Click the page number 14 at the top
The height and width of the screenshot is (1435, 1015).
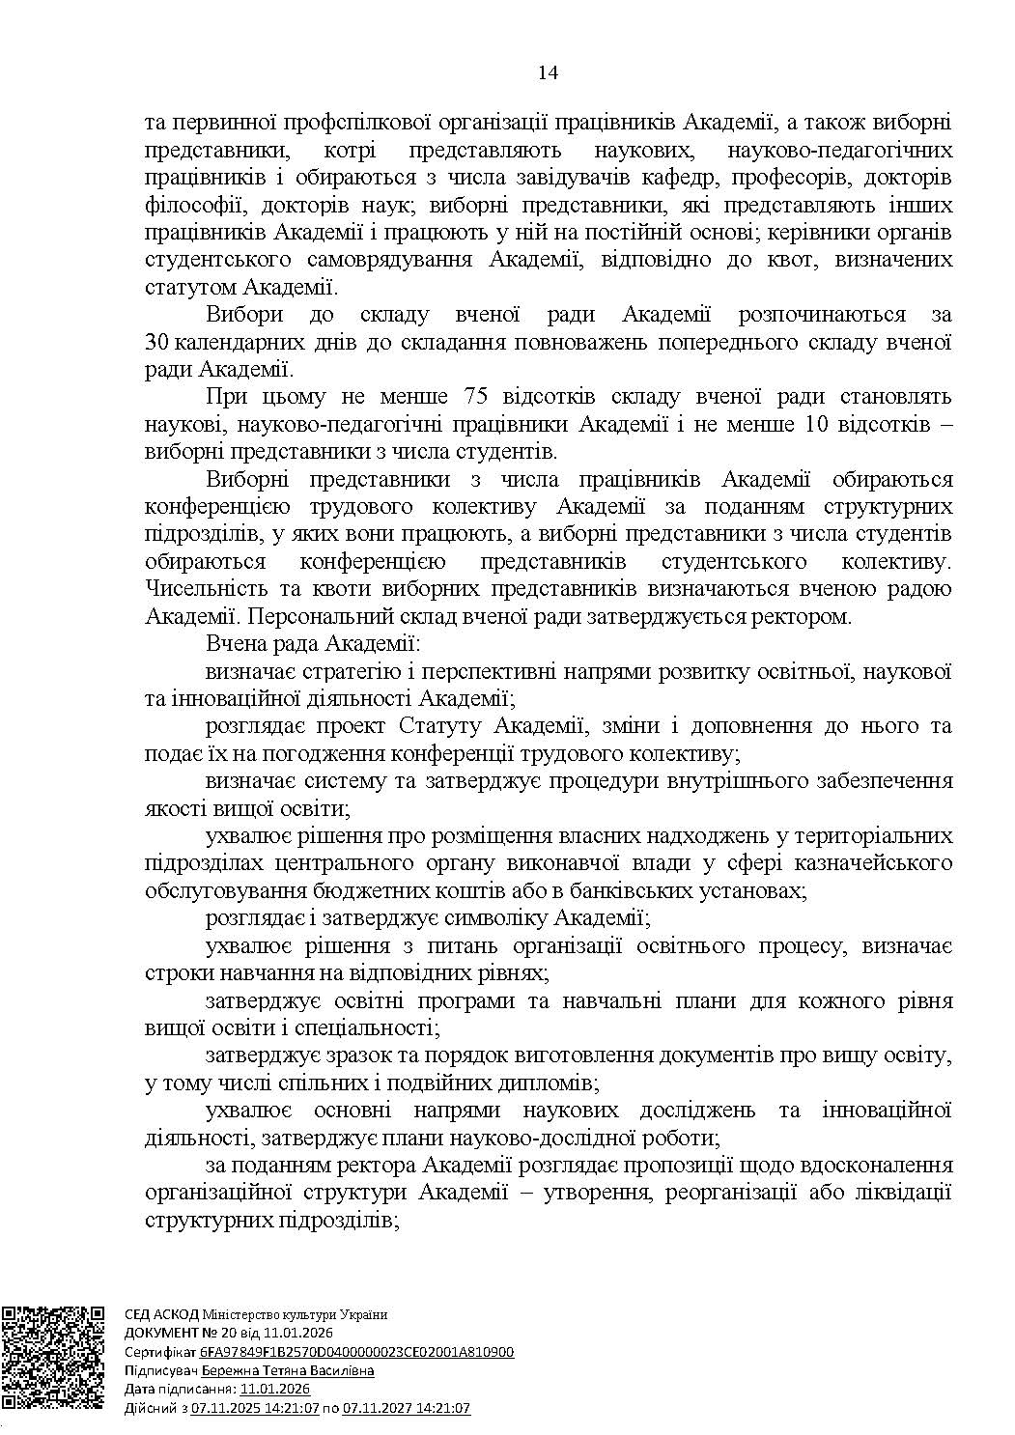[548, 73]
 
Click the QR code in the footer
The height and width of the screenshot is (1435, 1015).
[53, 1358]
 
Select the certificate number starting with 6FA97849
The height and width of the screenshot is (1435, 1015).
[357, 1352]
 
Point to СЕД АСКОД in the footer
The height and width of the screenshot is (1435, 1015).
[160, 1314]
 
